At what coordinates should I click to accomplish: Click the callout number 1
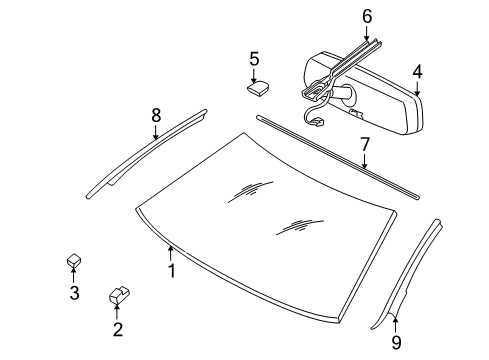[x=171, y=269]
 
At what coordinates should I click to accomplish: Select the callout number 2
[x=117, y=329]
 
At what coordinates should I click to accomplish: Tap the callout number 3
[x=73, y=293]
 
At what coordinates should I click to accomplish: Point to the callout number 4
[x=417, y=72]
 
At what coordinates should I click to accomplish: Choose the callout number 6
[x=367, y=16]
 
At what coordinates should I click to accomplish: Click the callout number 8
[x=155, y=115]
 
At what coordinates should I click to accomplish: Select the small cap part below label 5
[x=256, y=87]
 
